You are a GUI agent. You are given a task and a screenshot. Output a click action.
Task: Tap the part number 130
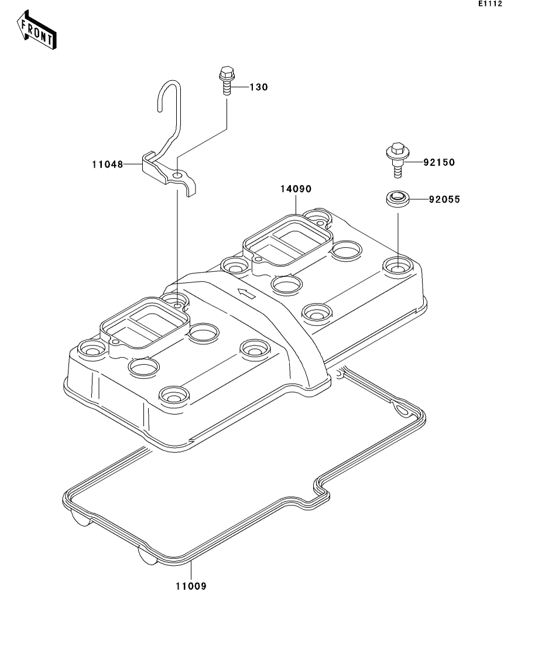[x=258, y=87]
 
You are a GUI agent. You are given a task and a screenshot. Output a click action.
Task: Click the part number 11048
[x=107, y=165]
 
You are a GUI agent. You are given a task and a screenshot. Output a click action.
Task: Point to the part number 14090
[x=296, y=190]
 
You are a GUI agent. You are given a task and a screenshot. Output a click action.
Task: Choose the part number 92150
[x=438, y=162]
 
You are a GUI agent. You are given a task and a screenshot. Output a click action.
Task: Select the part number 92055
[x=444, y=200]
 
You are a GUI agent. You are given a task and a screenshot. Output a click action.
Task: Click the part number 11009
[x=190, y=585]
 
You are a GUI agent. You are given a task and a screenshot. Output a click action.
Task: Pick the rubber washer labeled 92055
[x=397, y=199]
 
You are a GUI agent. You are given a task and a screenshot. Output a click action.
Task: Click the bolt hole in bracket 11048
[x=177, y=175]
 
